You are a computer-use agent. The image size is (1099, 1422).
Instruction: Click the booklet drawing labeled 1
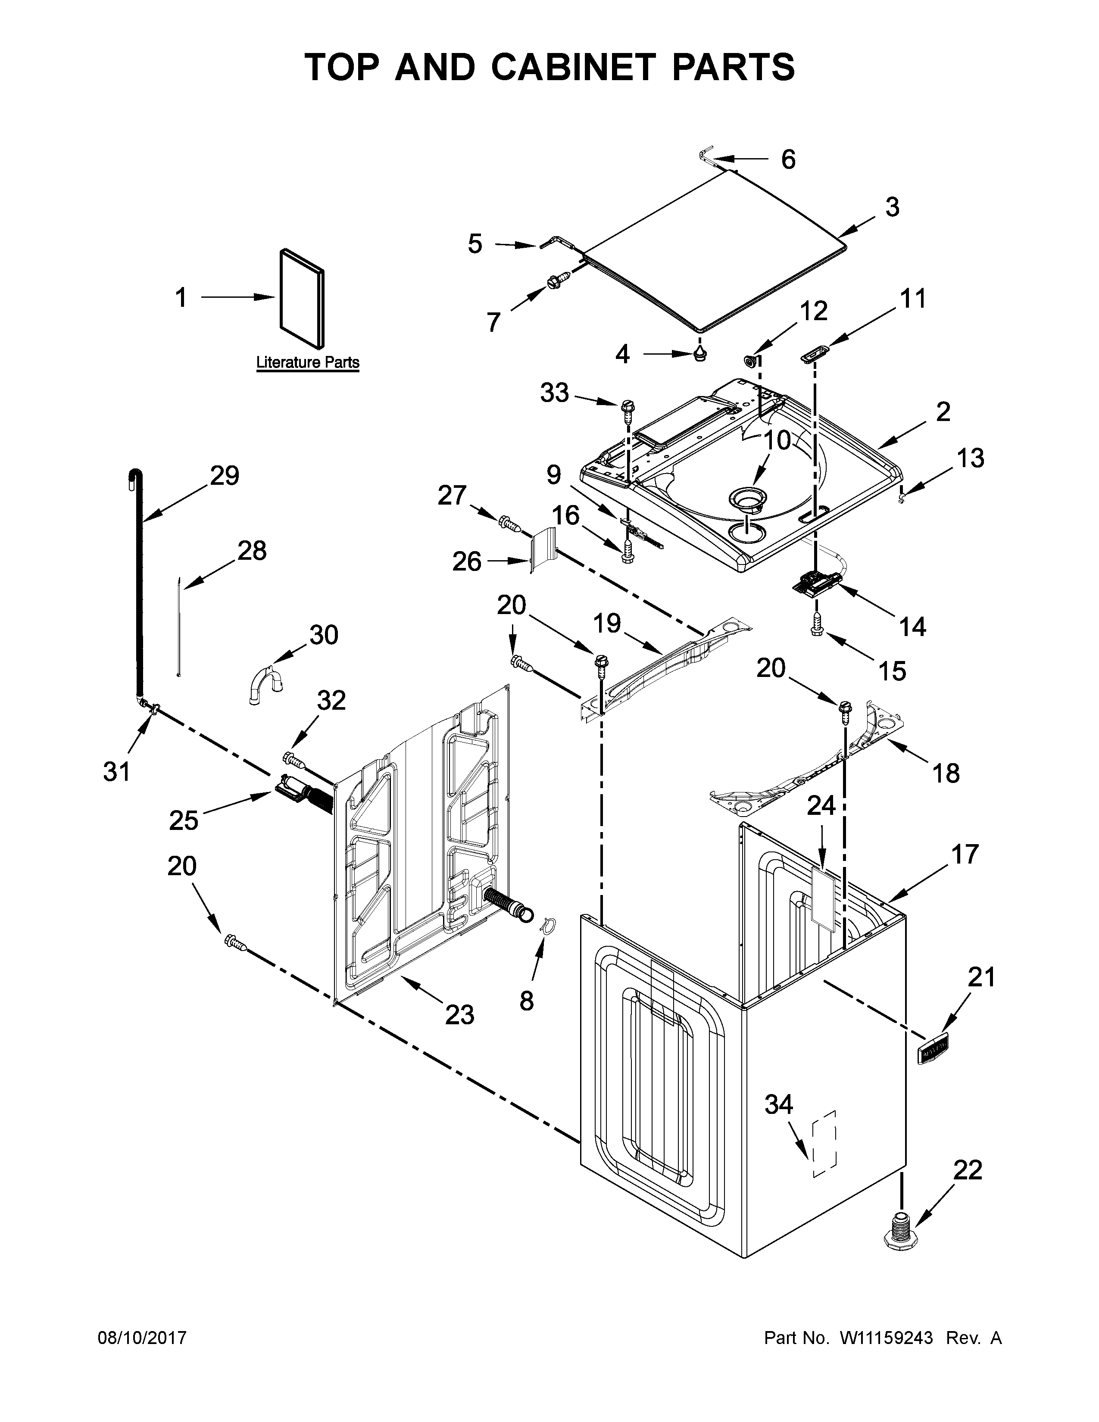coord(301,298)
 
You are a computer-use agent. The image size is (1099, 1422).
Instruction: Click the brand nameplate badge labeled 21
coord(933,1050)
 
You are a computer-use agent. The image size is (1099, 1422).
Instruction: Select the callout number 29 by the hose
coord(224,476)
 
